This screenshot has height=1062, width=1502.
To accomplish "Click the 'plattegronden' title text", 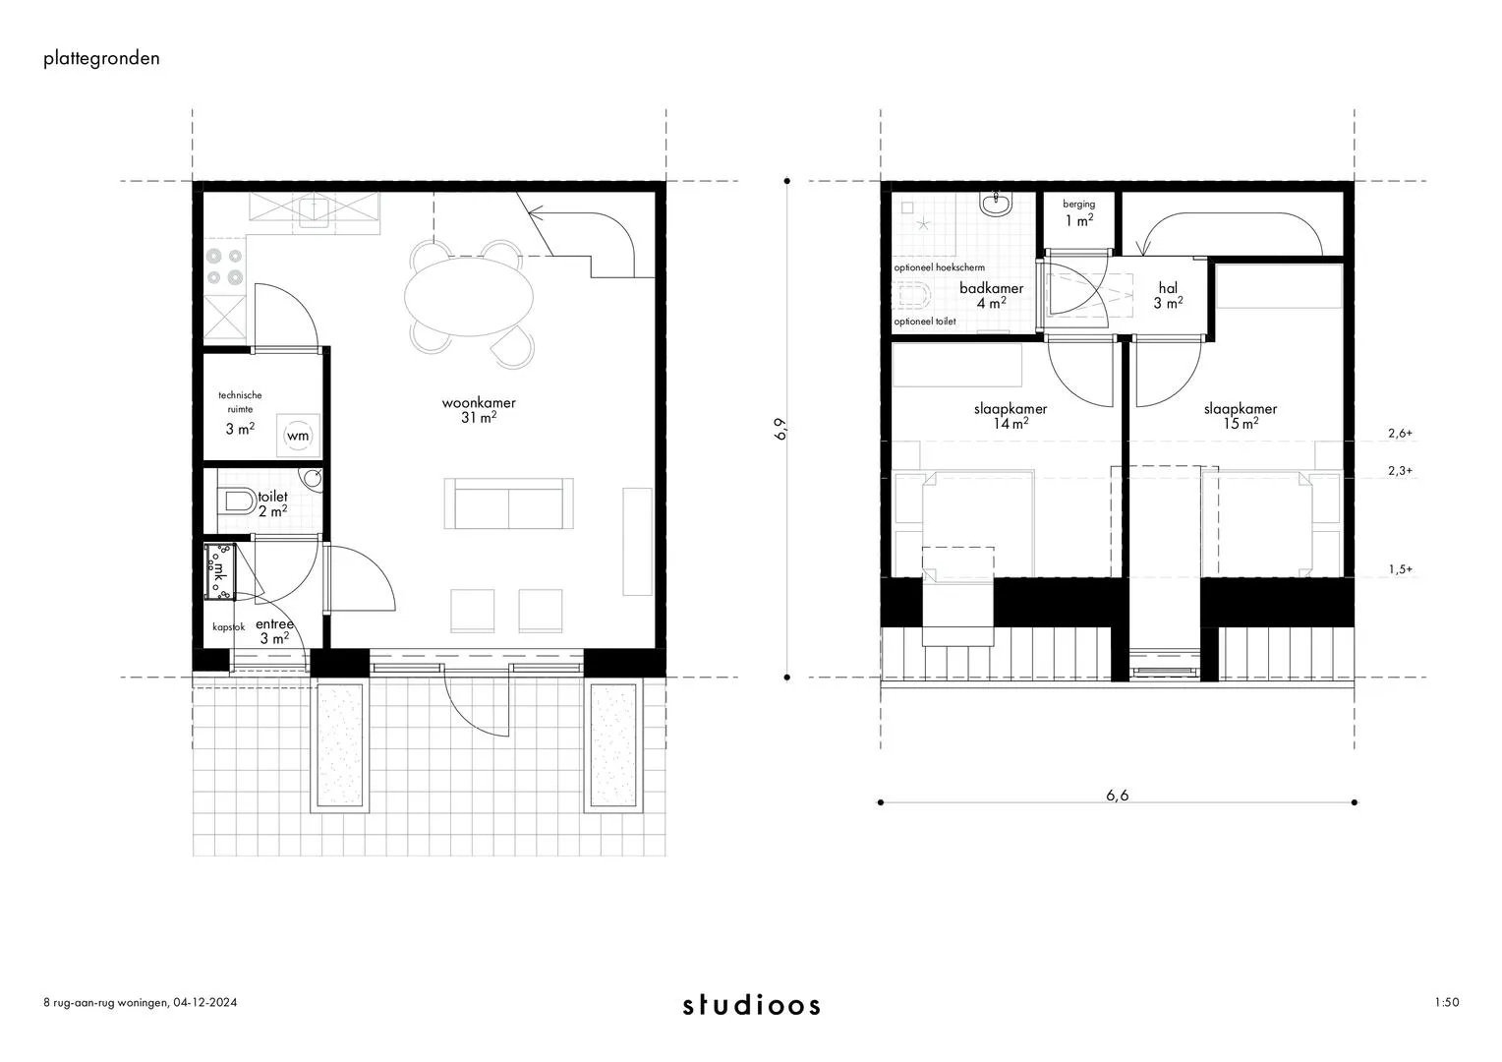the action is [x=101, y=59].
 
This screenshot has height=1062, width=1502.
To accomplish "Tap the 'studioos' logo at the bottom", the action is [x=752, y=1004].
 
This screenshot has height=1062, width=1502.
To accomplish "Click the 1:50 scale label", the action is [x=1447, y=1002].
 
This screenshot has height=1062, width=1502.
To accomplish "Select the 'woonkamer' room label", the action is [x=479, y=402].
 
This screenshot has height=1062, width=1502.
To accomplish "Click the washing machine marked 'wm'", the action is [x=299, y=436].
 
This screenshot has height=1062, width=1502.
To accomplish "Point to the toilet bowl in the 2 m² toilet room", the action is [x=236, y=501].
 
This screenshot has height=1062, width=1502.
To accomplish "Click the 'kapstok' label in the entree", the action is [x=229, y=627].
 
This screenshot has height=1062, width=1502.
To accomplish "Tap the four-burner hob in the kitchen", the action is [x=225, y=267].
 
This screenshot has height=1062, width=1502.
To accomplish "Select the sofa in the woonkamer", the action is [x=508, y=503].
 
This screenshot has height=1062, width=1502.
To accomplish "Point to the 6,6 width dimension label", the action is [x=1117, y=795].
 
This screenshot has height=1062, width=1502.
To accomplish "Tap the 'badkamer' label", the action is [x=991, y=288].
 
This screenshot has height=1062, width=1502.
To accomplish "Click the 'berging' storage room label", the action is [x=1079, y=204].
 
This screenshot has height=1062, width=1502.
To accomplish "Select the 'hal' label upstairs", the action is [x=1168, y=288].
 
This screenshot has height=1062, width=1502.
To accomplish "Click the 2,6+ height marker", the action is [x=1400, y=434].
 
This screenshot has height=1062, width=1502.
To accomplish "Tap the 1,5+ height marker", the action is [x=1400, y=569].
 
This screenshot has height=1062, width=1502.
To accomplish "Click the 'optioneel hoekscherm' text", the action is [x=940, y=267].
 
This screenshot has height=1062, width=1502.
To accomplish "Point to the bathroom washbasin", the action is [x=997, y=204].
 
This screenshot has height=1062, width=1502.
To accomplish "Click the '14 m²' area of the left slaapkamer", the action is [x=1011, y=423].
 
